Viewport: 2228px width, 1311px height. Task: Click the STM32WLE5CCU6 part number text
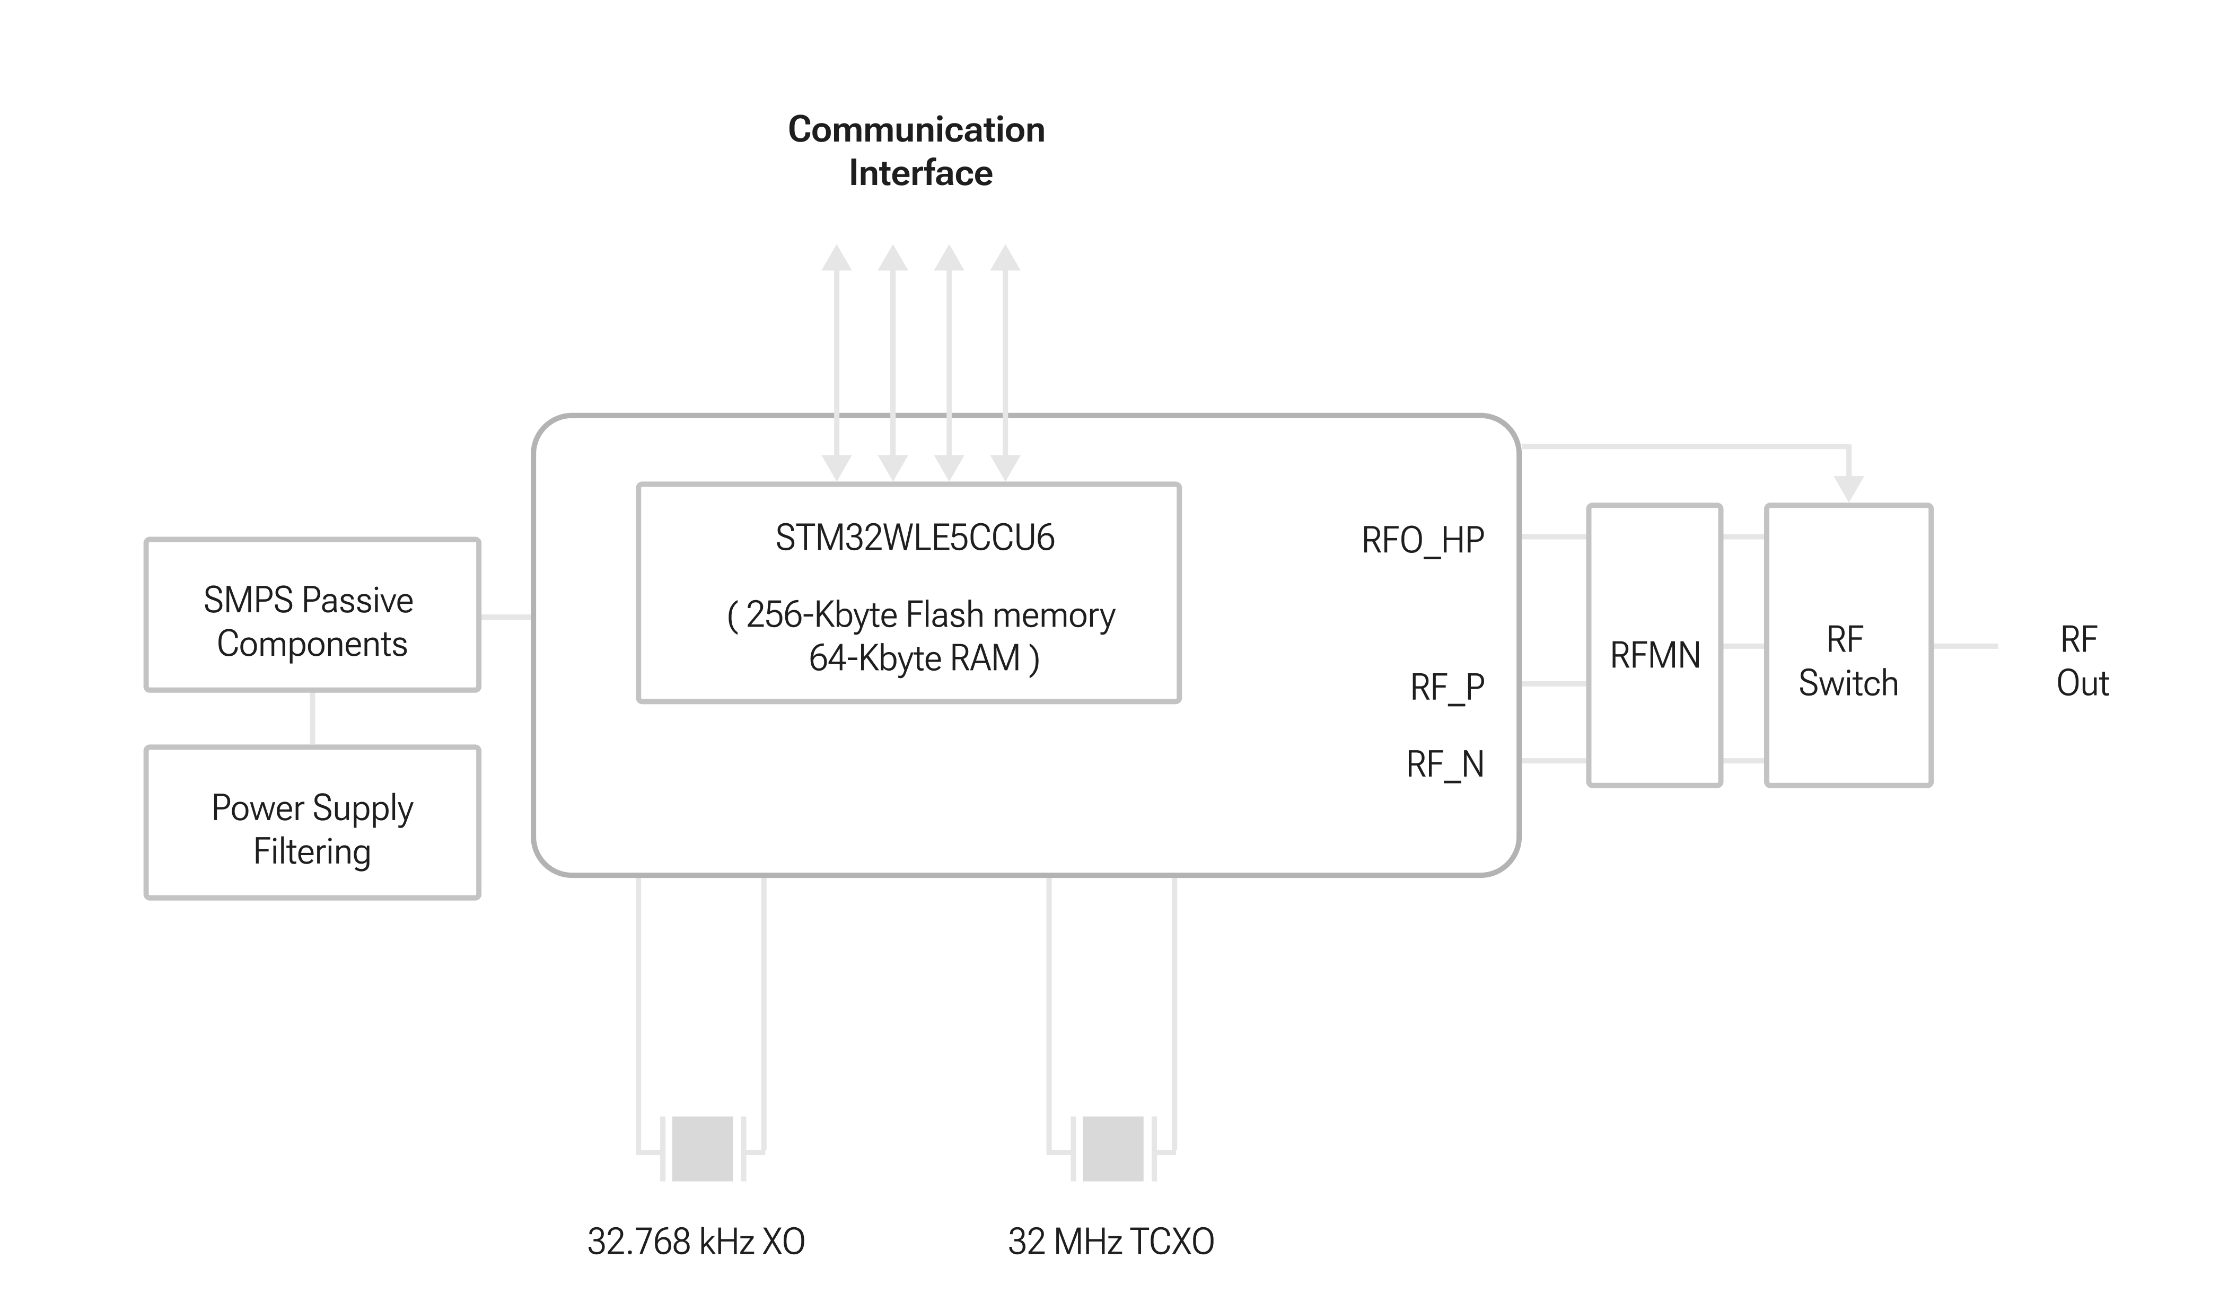(x=915, y=539)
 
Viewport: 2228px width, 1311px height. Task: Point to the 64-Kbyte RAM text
(x=924, y=658)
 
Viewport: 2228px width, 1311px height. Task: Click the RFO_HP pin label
(x=1423, y=540)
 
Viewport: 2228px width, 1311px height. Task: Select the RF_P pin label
(x=1446, y=688)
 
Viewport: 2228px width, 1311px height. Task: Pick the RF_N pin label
(x=1445, y=764)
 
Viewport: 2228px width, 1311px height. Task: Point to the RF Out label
(x=2082, y=661)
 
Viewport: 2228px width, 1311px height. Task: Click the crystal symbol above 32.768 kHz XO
(x=702, y=1149)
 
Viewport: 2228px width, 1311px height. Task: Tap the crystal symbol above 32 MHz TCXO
(x=1112, y=1149)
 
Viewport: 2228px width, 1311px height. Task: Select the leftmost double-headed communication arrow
(x=836, y=363)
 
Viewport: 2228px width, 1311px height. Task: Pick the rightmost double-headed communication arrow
(x=1005, y=363)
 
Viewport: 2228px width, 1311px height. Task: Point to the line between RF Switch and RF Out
(x=1964, y=646)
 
